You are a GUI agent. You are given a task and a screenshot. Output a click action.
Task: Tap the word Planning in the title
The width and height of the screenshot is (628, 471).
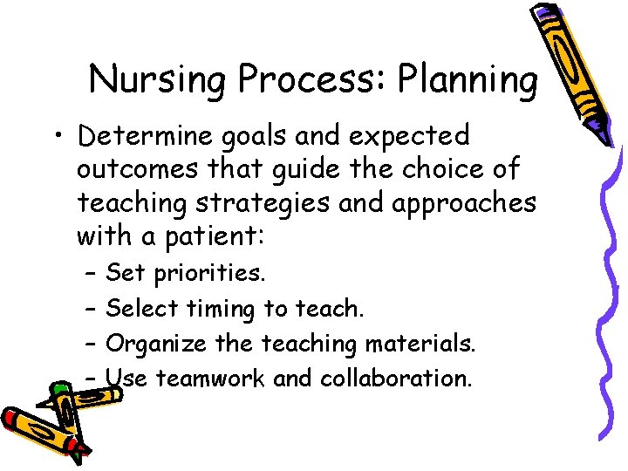pyautogui.click(x=468, y=79)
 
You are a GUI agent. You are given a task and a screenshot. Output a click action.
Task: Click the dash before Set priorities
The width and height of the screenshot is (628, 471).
pyautogui.click(x=92, y=274)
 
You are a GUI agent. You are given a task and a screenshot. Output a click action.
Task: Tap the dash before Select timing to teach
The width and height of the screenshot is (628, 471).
pyautogui.click(x=92, y=309)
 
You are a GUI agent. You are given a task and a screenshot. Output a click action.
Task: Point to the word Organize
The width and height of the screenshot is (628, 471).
pyautogui.click(x=156, y=344)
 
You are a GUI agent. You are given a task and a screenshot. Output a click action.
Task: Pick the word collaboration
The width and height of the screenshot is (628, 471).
pyautogui.click(x=396, y=379)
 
